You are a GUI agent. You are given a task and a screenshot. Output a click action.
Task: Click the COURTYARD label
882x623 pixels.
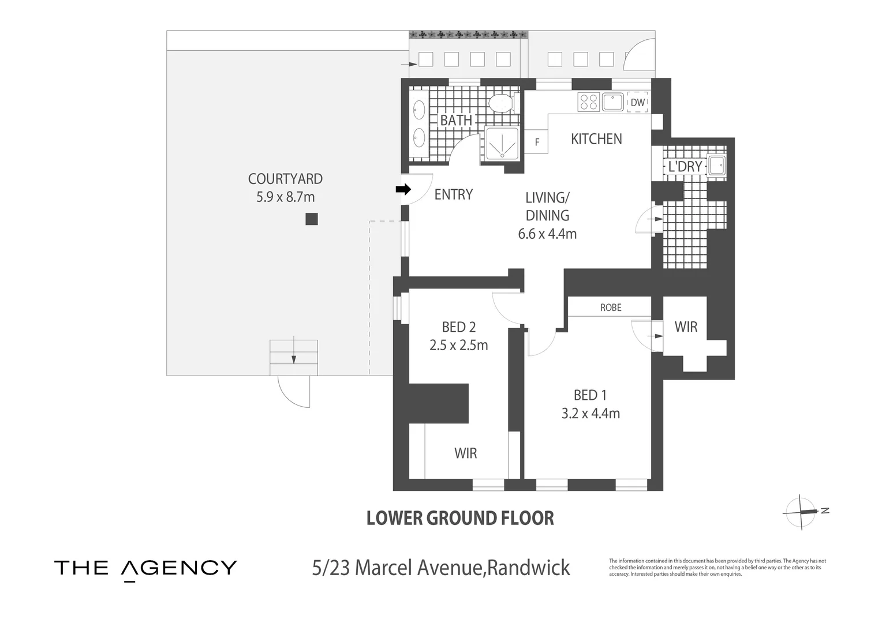pyautogui.click(x=285, y=179)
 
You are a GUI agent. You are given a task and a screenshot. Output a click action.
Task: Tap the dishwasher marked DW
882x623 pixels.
pyautogui.click(x=637, y=102)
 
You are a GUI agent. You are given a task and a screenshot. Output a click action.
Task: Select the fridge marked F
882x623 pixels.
pyautogui.click(x=536, y=142)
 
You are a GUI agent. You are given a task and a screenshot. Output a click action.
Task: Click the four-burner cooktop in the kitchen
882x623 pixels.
pyautogui.click(x=588, y=102)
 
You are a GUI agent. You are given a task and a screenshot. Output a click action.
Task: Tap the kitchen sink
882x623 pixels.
pyautogui.click(x=612, y=102)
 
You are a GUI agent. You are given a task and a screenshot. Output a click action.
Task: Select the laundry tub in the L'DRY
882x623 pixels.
pyautogui.click(x=717, y=165)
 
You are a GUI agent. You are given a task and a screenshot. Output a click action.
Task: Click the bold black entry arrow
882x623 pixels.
pyautogui.click(x=403, y=189)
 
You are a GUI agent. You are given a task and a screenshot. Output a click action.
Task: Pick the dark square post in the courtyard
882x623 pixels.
pyautogui.click(x=312, y=219)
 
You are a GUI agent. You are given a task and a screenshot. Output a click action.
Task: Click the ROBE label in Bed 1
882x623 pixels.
pyautogui.click(x=611, y=307)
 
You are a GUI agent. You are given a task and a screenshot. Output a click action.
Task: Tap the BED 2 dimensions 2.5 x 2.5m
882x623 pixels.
pyautogui.click(x=459, y=345)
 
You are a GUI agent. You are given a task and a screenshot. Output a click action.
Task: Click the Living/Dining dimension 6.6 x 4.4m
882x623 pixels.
pyautogui.click(x=547, y=234)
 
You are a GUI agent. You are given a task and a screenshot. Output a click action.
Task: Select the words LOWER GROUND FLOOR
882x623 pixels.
pyautogui.click(x=460, y=519)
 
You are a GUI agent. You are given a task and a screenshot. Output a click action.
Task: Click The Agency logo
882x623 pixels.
pyautogui.click(x=145, y=568)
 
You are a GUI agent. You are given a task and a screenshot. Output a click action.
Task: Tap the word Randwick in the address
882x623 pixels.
pyautogui.click(x=528, y=568)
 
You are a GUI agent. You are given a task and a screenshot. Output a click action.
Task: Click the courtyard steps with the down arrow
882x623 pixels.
pyautogui.click(x=294, y=358)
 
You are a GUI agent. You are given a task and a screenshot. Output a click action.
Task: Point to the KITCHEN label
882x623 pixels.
pyautogui.click(x=596, y=139)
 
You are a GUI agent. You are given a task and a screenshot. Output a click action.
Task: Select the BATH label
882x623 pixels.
pyautogui.click(x=456, y=120)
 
